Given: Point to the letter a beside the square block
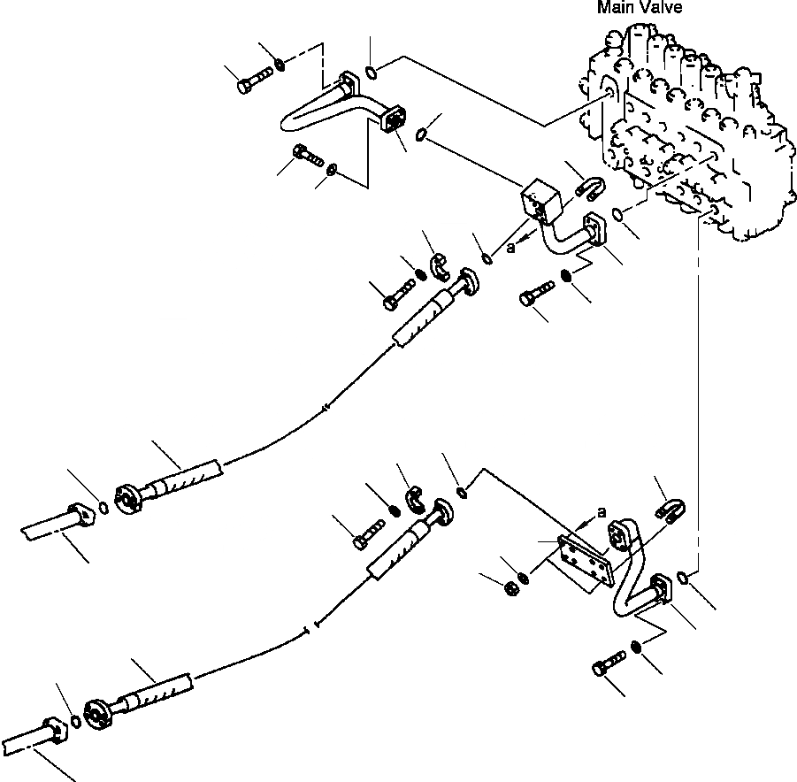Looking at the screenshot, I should [x=510, y=249].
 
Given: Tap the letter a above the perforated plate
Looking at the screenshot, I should [x=602, y=511].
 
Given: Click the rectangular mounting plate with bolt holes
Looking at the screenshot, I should [x=580, y=560].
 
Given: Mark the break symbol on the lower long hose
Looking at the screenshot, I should [x=307, y=631].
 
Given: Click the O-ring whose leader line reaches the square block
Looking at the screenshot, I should [x=423, y=134].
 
